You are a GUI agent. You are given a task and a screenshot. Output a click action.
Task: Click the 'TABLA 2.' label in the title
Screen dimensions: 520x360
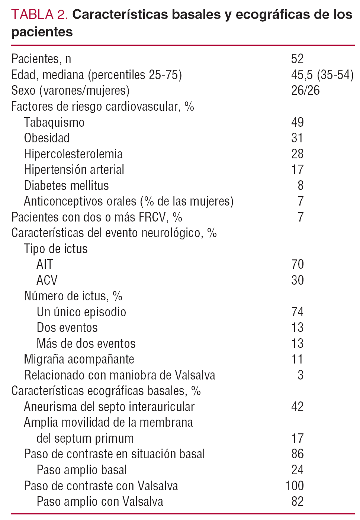coord(39,14)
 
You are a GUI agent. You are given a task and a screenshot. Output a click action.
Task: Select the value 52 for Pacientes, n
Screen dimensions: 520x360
coord(297,59)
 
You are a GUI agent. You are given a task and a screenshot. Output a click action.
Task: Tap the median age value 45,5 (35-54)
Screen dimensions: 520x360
coord(322,75)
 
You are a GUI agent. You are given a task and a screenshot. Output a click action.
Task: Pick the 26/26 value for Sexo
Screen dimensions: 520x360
coord(305,90)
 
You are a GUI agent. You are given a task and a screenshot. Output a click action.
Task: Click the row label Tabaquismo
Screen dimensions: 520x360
coord(54,122)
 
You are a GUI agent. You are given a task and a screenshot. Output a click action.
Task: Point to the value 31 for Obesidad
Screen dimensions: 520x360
coord(297,138)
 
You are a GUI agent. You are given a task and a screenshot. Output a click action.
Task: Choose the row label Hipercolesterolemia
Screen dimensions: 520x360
coord(73,154)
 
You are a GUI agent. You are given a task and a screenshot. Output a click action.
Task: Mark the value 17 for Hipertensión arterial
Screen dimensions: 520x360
coord(297,169)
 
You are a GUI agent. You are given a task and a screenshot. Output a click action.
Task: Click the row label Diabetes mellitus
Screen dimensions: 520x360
coord(67,185)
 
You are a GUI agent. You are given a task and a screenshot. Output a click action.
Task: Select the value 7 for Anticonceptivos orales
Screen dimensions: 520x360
coord(300,201)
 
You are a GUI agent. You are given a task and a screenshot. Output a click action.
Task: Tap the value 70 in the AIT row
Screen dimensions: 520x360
coord(298,264)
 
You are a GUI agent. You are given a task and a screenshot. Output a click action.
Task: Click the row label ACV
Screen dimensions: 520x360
coord(47,280)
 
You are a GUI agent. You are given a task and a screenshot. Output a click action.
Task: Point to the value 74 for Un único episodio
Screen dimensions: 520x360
coord(298,312)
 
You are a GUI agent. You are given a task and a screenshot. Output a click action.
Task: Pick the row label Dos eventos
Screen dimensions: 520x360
coord(67,327)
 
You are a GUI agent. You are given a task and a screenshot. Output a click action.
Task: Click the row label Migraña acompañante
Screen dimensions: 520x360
coord(79,359)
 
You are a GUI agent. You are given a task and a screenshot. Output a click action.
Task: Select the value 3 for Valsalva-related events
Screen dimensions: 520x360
coord(300,375)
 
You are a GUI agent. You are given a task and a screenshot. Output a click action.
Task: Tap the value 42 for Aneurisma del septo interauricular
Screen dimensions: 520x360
coord(297,407)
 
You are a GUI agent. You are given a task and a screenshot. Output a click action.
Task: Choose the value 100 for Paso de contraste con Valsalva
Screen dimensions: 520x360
coord(294,486)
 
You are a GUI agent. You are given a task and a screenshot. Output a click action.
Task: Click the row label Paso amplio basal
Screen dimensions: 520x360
coord(82,470)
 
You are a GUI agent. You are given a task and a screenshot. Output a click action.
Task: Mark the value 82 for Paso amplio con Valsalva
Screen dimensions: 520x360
coord(297,501)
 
